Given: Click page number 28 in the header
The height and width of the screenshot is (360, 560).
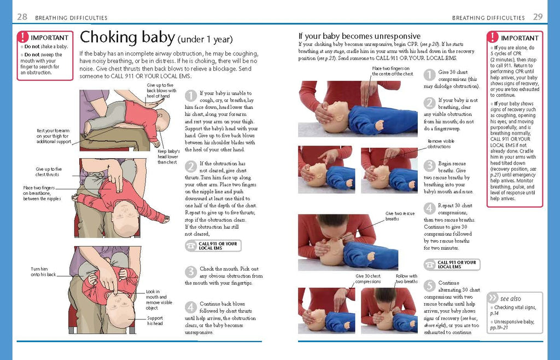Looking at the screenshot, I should tap(22, 17).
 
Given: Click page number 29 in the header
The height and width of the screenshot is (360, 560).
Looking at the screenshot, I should tap(538, 17).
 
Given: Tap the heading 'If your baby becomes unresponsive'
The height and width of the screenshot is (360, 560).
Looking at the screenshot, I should tap(359, 36).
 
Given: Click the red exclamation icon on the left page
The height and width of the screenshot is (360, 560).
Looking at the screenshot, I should tap(23, 38).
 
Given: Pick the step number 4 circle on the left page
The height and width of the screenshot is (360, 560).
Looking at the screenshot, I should tap(190, 307).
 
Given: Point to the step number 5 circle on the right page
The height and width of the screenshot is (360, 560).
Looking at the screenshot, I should tap(430, 284).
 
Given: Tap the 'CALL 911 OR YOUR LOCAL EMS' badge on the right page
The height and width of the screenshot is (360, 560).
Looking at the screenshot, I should tap(452, 264).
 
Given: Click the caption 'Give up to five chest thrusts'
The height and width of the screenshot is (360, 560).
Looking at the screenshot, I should tap(49, 172).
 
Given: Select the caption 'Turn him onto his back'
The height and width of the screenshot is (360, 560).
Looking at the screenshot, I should tap(43, 272).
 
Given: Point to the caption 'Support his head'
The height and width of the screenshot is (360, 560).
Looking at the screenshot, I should tap(155, 321).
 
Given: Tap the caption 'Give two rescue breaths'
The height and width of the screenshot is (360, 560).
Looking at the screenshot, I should tap(400, 216).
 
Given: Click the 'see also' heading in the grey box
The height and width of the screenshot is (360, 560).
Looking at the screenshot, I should tap(510, 299).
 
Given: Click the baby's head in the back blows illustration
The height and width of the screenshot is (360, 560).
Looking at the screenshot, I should tap(162, 118).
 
